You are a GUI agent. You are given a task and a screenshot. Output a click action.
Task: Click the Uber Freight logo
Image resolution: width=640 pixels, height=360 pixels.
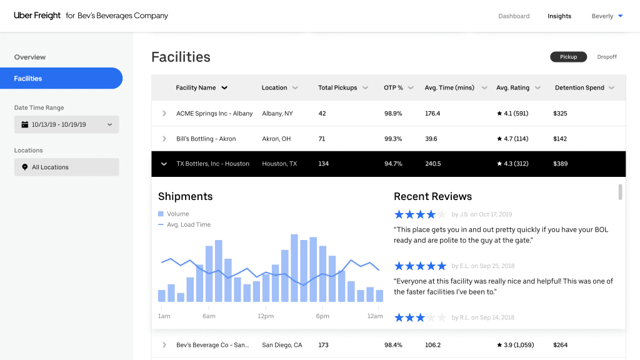click(37, 16)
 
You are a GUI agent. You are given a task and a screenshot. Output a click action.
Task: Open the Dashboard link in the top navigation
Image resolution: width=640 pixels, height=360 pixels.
click(514, 16)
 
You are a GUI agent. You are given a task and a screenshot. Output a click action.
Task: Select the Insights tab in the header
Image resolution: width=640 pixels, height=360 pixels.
click(559, 16)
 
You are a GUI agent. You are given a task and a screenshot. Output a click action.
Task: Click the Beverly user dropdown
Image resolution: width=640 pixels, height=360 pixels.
click(607, 16)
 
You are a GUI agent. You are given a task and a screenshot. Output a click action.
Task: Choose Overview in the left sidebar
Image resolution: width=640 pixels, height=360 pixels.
click(30, 57)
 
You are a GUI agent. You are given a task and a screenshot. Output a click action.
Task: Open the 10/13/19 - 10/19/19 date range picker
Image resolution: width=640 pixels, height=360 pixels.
click(66, 124)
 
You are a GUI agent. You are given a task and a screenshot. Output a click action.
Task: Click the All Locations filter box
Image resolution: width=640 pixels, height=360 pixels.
click(66, 167)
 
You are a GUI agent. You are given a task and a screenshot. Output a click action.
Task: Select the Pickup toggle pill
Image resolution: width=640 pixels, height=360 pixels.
click(568, 57)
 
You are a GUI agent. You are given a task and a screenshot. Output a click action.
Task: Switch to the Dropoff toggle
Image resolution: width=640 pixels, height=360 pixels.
click(606, 57)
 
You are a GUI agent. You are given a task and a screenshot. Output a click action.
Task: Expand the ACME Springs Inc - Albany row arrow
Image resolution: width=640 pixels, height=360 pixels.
click(164, 113)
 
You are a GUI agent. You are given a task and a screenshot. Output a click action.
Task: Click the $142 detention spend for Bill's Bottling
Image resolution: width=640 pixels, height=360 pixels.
click(560, 139)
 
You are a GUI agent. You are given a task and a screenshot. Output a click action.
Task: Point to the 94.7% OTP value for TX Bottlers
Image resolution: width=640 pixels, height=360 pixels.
click(393, 164)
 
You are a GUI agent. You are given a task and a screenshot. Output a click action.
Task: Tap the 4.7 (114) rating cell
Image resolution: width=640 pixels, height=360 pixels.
click(512, 139)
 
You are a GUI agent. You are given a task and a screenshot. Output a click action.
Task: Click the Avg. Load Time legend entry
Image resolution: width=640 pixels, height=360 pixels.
click(188, 224)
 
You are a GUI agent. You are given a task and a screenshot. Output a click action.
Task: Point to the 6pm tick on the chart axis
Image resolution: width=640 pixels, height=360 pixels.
click(322, 316)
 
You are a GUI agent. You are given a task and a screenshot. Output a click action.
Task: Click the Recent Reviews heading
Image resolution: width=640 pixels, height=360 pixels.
click(432, 196)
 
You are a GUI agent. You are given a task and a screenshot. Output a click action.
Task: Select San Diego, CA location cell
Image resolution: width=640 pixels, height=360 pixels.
click(282, 345)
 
